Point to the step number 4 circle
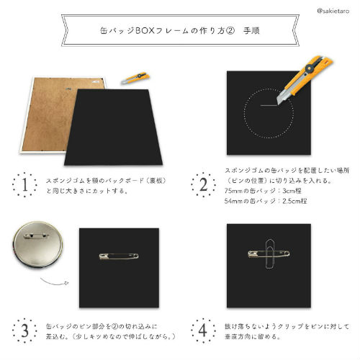click(204, 331)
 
